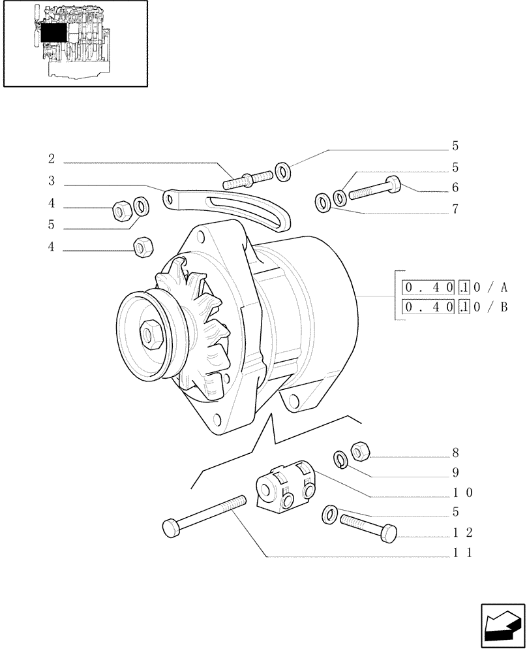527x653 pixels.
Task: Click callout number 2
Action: tap(51, 159)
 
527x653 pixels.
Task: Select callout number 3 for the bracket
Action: tap(51, 181)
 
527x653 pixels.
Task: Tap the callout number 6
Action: tap(455, 188)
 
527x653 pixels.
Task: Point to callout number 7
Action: tap(455, 210)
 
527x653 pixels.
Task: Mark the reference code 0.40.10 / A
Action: tap(455, 287)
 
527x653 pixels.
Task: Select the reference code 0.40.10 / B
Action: tap(455, 307)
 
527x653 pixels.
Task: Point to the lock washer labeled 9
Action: tap(340, 460)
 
